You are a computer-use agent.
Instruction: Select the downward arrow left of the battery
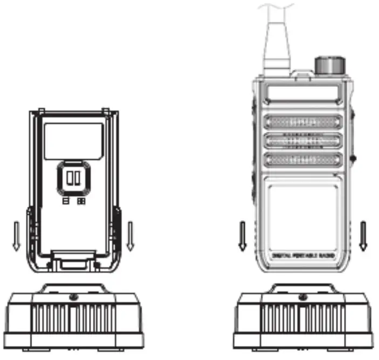click(17, 236)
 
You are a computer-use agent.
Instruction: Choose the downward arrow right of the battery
click(130, 236)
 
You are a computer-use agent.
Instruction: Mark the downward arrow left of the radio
click(243, 236)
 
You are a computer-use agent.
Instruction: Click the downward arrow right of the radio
click(363, 236)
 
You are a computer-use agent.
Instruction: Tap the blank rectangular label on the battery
click(74, 140)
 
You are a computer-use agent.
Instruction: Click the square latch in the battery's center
click(74, 178)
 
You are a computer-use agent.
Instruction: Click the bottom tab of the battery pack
click(74, 262)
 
